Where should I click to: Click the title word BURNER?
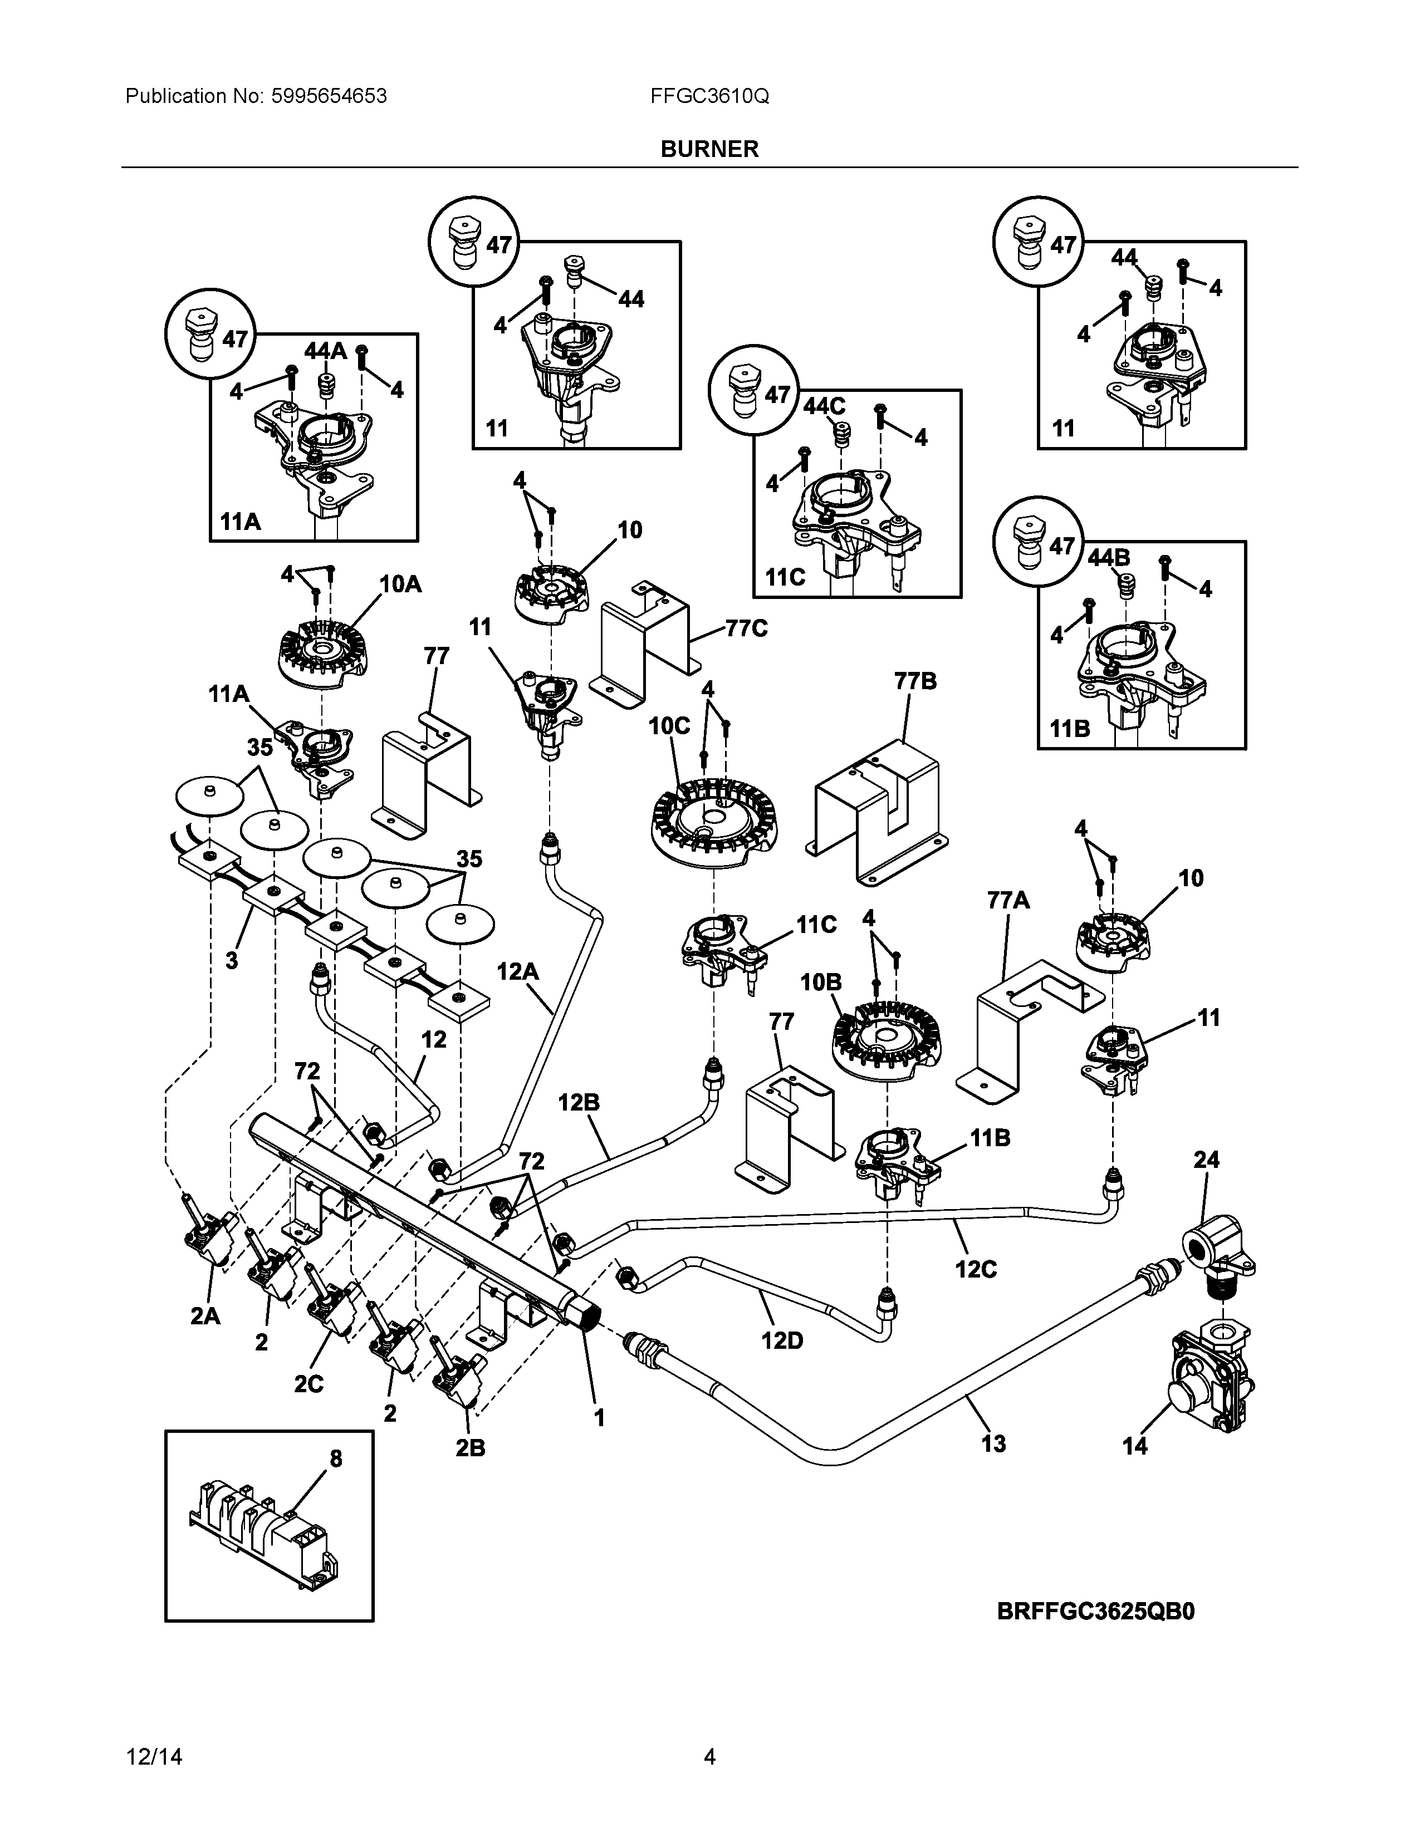coord(709,149)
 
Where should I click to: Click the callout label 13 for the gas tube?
coord(993,1444)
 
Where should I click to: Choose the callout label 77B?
coord(915,681)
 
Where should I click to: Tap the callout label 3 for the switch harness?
coord(231,960)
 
